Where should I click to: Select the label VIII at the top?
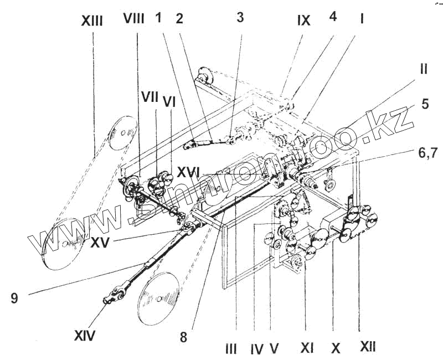[133, 19]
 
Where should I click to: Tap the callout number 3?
[239, 17]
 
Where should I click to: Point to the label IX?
[303, 21]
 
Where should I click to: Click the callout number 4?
[332, 18]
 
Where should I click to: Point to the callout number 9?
[14, 299]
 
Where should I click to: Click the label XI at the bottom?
[306, 348]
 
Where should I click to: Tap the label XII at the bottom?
[367, 347]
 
